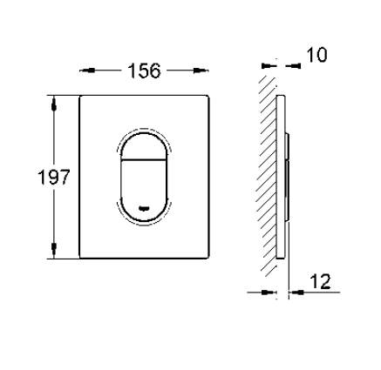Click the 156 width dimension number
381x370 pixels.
(144, 71)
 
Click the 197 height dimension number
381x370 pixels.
(54, 177)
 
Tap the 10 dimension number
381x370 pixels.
(316, 55)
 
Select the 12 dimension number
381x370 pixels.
(321, 281)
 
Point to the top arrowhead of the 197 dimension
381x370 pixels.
(54, 104)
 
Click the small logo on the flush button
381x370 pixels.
(144, 208)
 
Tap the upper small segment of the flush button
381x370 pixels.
(144, 147)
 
